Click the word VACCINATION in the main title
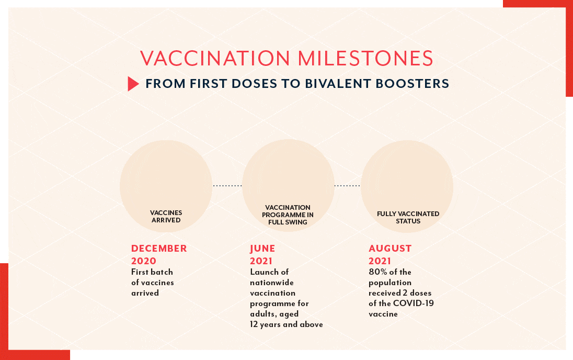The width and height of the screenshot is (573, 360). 215,58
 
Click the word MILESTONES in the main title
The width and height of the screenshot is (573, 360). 366,58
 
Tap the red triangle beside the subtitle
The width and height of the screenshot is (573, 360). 133,84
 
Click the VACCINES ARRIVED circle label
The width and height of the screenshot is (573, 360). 166,216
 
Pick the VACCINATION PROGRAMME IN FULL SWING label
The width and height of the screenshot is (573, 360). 288,215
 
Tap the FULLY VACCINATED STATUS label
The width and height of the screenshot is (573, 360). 408,217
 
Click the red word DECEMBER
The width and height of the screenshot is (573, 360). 159,249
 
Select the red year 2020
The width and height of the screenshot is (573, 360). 144,261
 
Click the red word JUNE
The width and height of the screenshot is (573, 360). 262,249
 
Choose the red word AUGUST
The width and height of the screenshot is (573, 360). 390,249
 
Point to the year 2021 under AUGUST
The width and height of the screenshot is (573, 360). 380,261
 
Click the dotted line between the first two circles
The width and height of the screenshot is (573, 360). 227,186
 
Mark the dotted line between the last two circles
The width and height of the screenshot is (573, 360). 347,186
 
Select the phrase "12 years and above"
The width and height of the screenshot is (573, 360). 286,324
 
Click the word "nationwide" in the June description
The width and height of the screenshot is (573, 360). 272,283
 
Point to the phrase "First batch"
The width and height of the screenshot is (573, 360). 152,272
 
